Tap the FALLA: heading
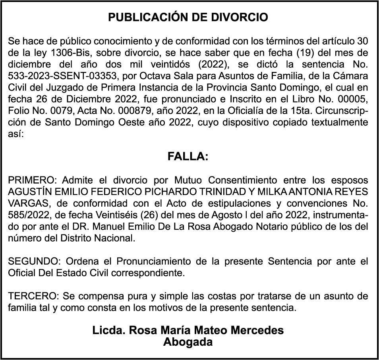(x=188, y=157)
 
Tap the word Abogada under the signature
(x=188, y=342)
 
